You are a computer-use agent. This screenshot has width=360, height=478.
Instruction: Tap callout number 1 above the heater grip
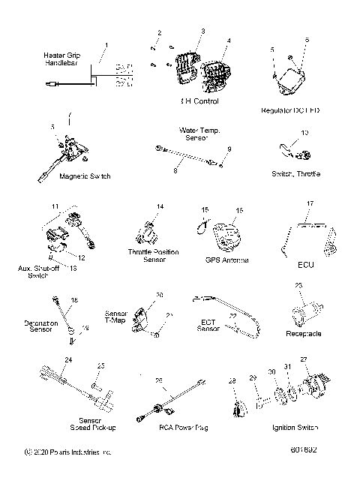click(106, 45)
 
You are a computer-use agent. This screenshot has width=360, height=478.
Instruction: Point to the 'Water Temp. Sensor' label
click(199, 134)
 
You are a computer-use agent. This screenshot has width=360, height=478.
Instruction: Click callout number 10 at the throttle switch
click(304, 133)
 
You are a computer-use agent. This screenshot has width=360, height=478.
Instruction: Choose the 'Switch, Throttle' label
click(295, 174)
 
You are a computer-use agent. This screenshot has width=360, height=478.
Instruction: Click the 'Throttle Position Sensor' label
click(154, 255)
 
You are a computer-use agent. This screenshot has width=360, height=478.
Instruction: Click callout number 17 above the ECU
click(310, 203)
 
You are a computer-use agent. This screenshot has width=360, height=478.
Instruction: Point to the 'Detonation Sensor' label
click(41, 327)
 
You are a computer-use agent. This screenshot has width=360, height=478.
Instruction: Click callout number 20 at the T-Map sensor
click(159, 294)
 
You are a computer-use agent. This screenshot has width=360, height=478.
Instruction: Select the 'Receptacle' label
click(304, 332)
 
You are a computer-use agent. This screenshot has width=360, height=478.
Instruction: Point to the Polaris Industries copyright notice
click(67, 452)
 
